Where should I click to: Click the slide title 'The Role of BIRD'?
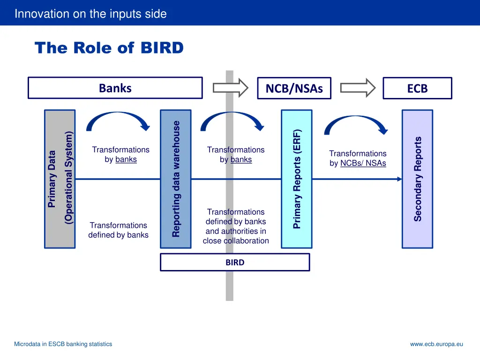pos(109,48)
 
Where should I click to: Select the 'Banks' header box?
pos(115,88)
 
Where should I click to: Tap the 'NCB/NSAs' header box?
pos(294,88)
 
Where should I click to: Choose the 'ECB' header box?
pos(417,88)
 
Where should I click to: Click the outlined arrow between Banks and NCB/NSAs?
pos(230,88)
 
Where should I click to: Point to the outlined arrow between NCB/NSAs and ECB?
pos(358,88)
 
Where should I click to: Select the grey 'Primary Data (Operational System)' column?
pos(60,179)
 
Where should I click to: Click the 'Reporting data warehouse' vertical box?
pos(175,179)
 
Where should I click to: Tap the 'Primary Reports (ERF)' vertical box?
pos(296,179)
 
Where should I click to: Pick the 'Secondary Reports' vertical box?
pos(417,179)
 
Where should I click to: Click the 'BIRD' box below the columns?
pos(235,262)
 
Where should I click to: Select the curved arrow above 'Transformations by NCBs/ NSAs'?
pos(356,122)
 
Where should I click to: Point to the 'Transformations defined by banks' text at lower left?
pos(118,230)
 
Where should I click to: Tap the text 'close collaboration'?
pos(236,241)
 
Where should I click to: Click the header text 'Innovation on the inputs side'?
pos(90,14)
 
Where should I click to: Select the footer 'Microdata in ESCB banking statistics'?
pos(63,344)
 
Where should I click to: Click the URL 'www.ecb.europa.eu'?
pos(436,344)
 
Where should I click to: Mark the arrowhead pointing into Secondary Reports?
pos(399,179)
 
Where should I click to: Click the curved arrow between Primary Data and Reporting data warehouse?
pos(118,119)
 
